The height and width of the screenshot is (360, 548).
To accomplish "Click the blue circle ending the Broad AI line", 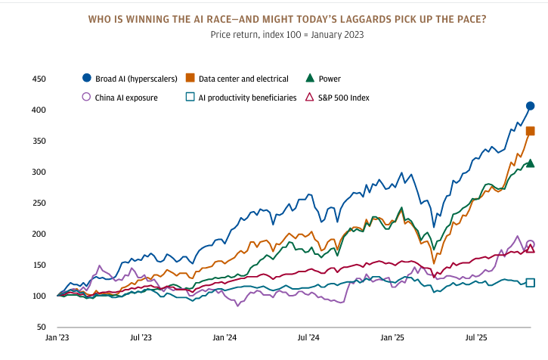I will click(x=531, y=106).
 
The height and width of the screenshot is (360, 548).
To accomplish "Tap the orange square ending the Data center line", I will click(x=531, y=131).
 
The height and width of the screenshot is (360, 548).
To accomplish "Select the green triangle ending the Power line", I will click(x=531, y=163).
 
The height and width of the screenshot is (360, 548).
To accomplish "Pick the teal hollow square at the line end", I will click(x=531, y=283).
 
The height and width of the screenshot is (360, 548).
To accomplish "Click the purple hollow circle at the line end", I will click(x=531, y=244).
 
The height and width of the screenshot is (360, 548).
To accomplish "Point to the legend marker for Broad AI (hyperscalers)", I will click(x=86, y=78).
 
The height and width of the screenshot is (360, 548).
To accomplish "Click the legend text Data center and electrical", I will click(x=241, y=78).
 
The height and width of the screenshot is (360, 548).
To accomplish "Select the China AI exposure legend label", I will click(x=127, y=98).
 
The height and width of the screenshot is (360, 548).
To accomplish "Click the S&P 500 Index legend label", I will click(x=344, y=98).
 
